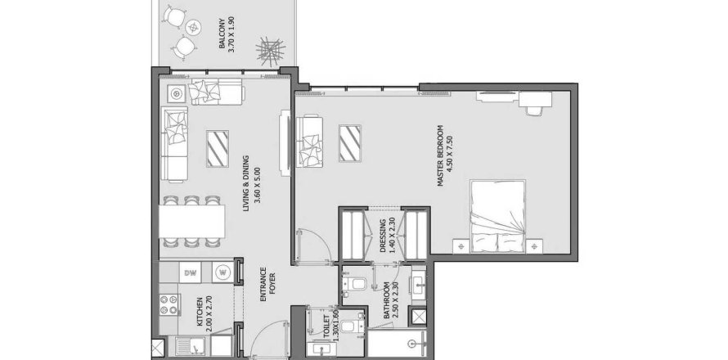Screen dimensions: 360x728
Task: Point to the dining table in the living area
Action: pyautogui.click(x=192, y=221)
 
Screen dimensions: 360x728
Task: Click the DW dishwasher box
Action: pyautogui.click(x=190, y=272)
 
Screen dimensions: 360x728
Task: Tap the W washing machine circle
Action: pyautogui.click(x=222, y=272)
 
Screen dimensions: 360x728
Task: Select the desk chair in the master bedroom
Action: pyautogui.click(x=537, y=106)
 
